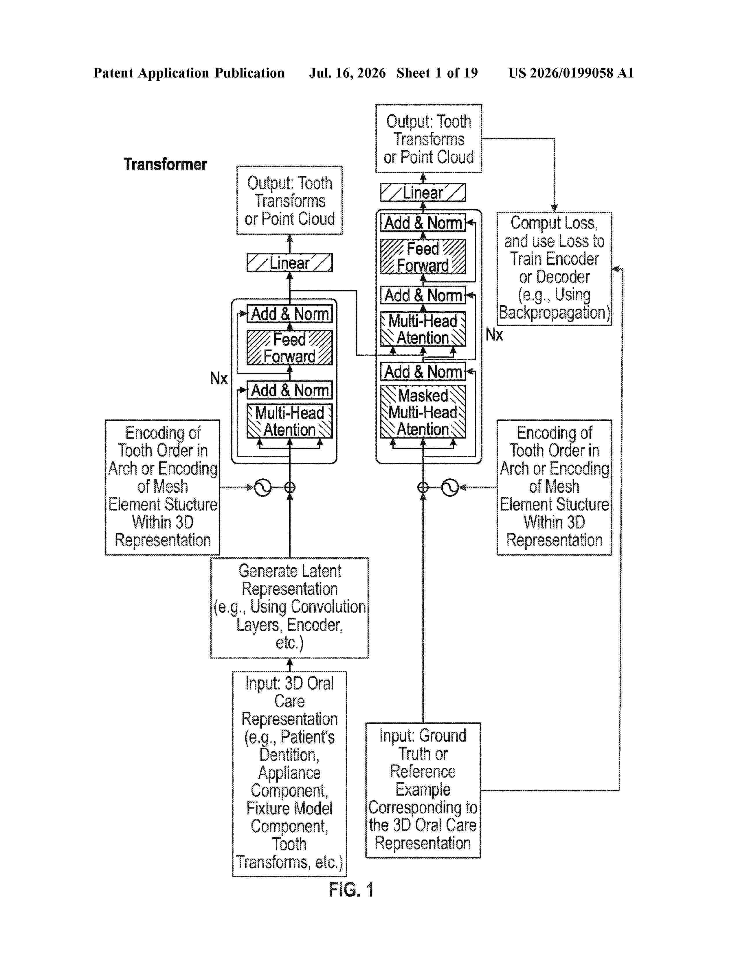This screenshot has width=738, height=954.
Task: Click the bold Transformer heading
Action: click(x=165, y=164)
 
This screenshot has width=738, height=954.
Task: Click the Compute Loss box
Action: click(x=554, y=269)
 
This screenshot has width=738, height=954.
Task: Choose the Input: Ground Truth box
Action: click(x=423, y=790)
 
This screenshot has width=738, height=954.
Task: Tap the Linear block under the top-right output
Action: click(x=423, y=192)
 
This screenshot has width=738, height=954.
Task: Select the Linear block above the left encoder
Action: click(x=289, y=262)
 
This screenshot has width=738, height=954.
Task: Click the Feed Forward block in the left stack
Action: click(x=289, y=348)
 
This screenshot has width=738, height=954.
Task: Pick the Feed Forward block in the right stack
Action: click(x=423, y=257)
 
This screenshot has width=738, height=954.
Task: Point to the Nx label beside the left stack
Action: click(x=219, y=378)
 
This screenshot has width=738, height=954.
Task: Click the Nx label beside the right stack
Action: click(x=494, y=334)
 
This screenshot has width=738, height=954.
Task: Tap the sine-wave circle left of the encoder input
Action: click(x=263, y=487)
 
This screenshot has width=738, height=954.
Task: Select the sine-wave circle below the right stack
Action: click(x=450, y=487)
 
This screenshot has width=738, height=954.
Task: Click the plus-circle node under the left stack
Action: click(x=289, y=487)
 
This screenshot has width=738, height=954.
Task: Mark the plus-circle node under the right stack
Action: click(x=423, y=487)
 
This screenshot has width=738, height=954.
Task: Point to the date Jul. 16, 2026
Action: click(x=348, y=73)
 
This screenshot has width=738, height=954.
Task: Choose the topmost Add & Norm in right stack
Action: click(x=423, y=223)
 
